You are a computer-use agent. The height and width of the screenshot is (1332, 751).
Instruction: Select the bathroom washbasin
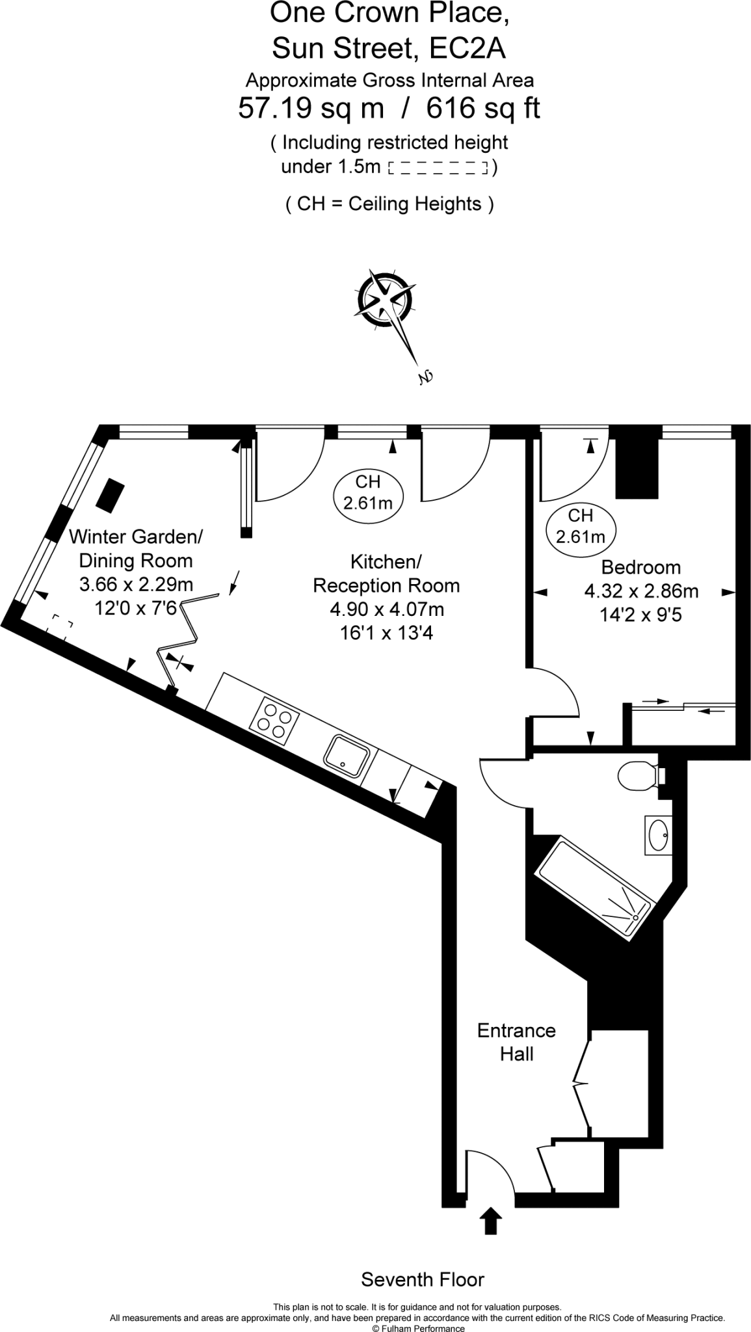click(658, 834)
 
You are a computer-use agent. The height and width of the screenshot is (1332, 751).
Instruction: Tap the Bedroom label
click(640, 567)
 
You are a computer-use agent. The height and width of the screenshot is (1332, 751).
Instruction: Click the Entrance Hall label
click(516, 1042)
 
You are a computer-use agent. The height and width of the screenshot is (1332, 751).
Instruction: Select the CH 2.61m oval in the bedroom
click(580, 526)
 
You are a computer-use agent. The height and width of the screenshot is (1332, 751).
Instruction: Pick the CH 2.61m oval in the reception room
click(367, 492)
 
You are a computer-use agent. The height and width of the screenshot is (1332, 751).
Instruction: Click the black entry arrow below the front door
click(491, 1220)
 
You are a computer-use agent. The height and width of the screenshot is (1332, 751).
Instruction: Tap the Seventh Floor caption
click(423, 1279)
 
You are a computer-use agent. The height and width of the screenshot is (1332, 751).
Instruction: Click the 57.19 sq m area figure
click(311, 108)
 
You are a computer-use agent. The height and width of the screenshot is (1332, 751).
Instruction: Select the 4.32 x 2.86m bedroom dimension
click(641, 591)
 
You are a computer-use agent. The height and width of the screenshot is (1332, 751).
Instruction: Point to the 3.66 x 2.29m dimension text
click(136, 584)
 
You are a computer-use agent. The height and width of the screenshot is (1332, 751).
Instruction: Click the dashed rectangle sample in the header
click(437, 168)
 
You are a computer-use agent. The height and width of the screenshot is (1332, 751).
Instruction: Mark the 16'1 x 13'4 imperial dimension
click(386, 632)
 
